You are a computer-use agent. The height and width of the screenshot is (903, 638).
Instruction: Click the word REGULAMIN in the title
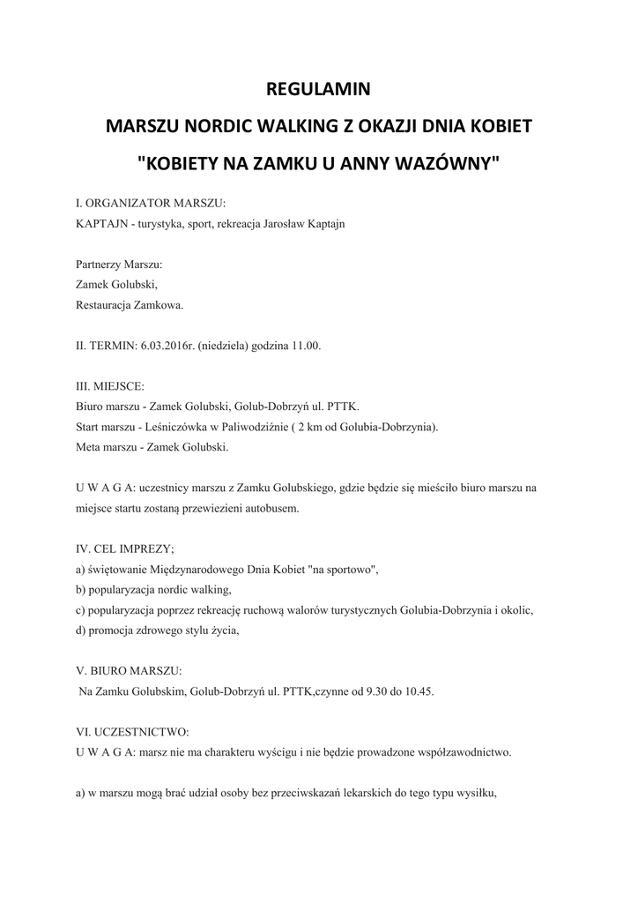click(x=318, y=89)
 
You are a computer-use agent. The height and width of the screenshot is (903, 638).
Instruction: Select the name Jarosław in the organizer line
click(x=278, y=224)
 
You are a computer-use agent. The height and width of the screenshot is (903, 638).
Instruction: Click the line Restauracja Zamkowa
click(x=130, y=305)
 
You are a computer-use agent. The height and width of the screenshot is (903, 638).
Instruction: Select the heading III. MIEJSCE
click(x=110, y=386)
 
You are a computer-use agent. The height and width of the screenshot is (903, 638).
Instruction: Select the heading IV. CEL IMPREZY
click(x=124, y=549)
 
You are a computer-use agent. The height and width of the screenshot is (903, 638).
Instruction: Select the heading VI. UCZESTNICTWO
click(x=131, y=732)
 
